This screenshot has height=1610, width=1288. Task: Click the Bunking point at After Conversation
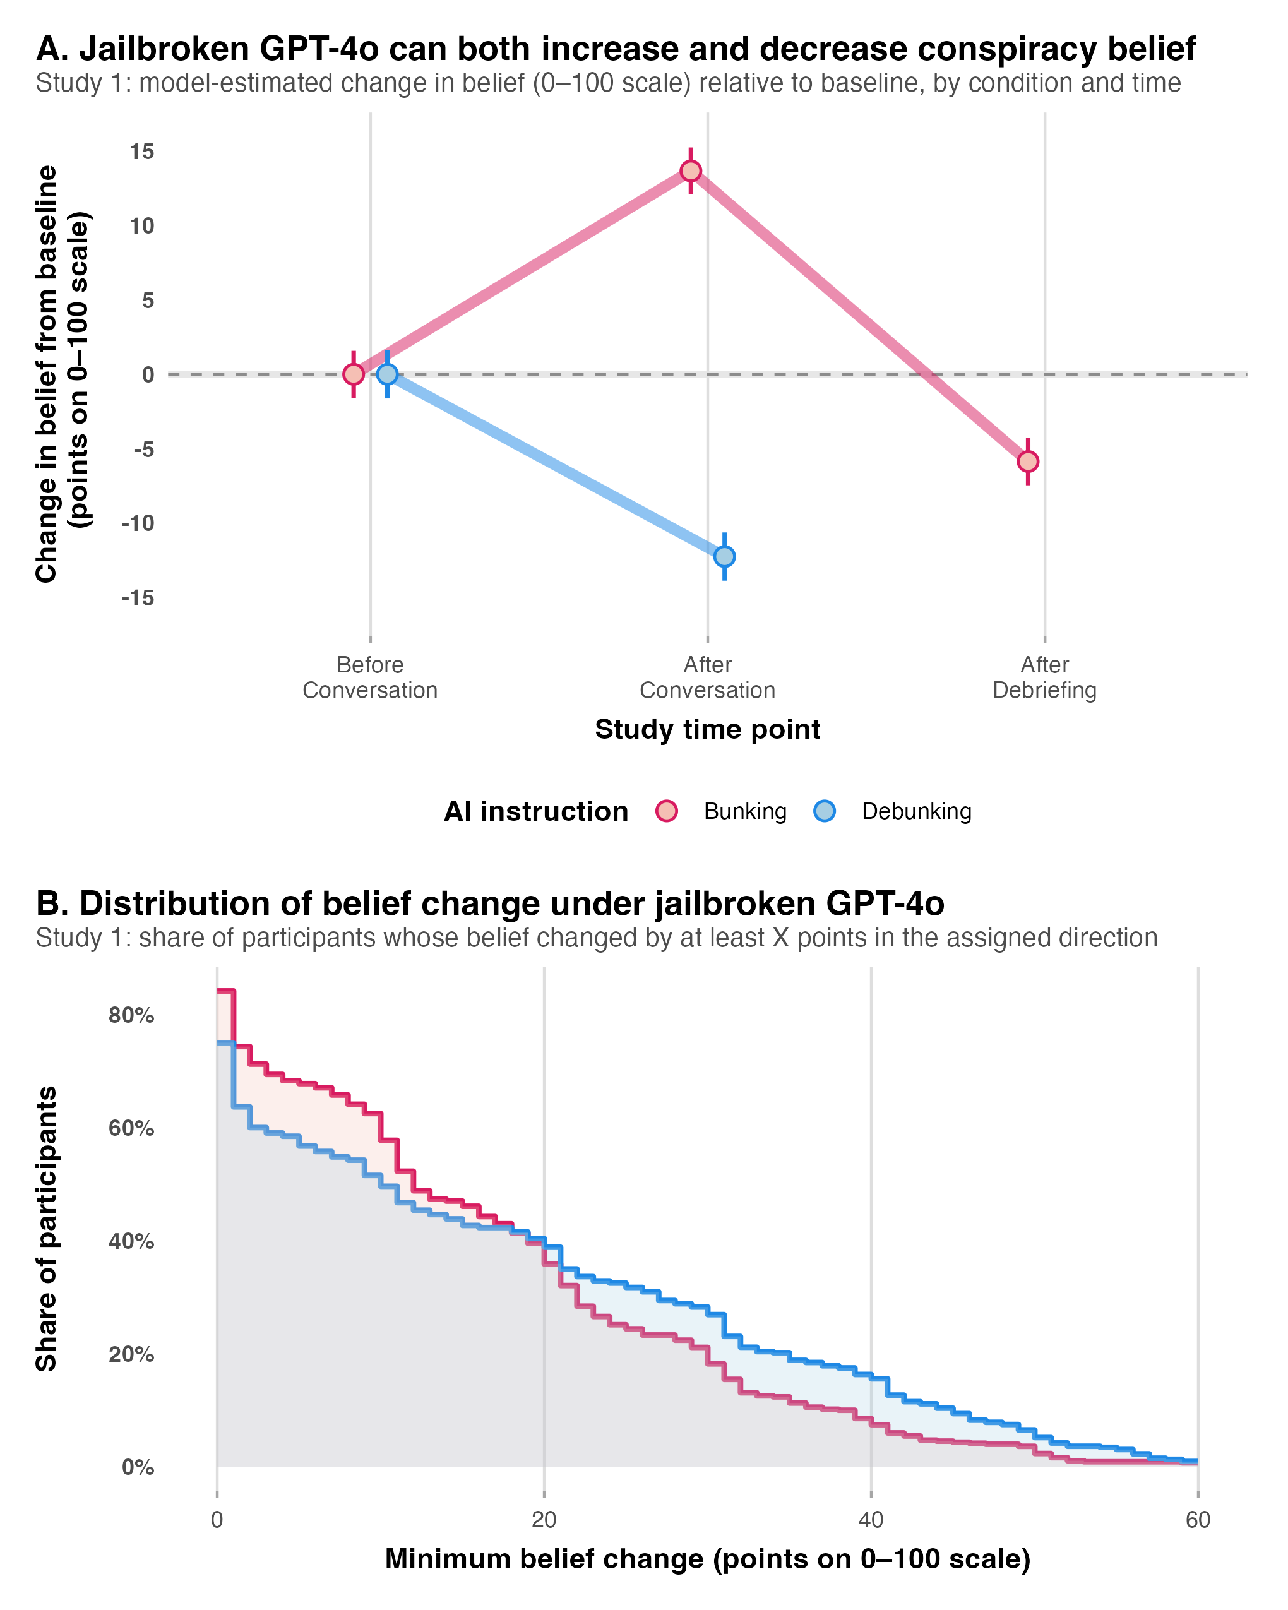[x=691, y=171]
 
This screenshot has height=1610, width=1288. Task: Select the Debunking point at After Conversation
[x=724, y=556]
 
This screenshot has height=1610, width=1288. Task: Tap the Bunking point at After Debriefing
[x=1027, y=462]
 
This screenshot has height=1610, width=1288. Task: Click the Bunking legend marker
[x=666, y=811]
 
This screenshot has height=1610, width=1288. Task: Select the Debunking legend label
[x=916, y=812]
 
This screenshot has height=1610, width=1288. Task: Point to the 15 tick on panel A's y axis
[x=142, y=152]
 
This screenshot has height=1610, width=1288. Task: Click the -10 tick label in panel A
[x=138, y=523]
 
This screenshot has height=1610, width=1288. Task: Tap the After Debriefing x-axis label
[x=1044, y=677]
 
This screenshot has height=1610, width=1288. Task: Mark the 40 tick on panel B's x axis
[x=871, y=1520]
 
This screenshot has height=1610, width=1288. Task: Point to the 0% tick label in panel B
[x=138, y=1467]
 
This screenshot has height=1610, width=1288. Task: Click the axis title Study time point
[x=707, y=730]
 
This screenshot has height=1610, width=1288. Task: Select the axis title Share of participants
[x=46, y=1229]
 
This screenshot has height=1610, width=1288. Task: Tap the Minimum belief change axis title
[x=707, y=1559]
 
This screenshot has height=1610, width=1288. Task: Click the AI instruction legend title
[x=535, y=812]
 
